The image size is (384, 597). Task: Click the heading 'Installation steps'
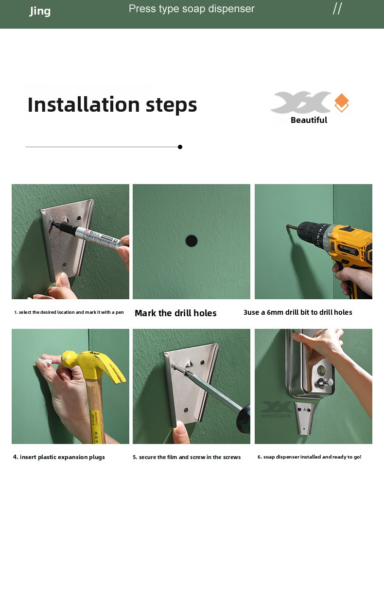pos(112,105)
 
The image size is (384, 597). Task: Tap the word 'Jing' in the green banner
pos(40,11)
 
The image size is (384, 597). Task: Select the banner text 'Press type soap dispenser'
pos(192,9)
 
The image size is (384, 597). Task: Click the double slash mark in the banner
pos(337,9)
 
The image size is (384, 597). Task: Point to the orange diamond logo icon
pos(342,102)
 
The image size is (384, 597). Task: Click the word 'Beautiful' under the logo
pos(309,120)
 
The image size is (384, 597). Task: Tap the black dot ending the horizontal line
pos(180,147)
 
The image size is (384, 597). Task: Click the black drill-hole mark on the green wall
pos(192,241)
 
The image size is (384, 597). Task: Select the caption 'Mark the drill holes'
pos(175,313)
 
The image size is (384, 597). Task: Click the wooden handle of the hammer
pos(95,410)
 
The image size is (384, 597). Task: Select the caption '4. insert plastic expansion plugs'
pos(59,457)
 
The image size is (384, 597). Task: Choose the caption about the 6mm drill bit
pos(298,312)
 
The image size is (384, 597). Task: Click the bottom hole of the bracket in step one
pos(64,265)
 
